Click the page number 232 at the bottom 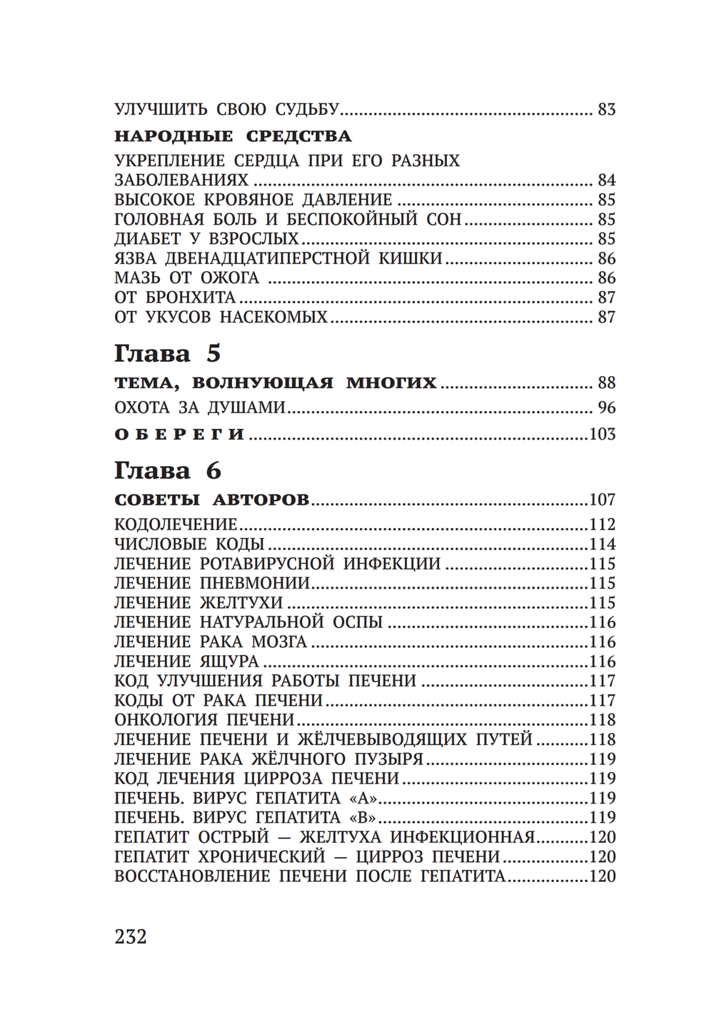click(x=130, y=936)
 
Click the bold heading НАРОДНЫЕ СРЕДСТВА click(x=233, y=136)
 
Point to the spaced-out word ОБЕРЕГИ click(x=180, y=434)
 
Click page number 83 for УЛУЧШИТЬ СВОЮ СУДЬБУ click(x=606, y=110)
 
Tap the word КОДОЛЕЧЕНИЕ click(x=176, y=524)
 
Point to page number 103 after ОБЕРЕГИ click(x=602, y=434)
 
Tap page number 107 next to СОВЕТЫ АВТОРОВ click(x=602, y=500)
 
